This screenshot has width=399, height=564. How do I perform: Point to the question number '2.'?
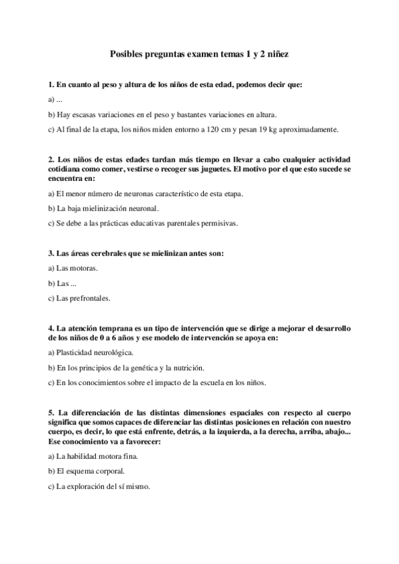[x=52, y=160]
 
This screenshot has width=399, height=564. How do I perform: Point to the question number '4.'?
[x=52, y=328]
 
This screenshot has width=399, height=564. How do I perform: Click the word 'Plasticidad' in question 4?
[x=77, y=352]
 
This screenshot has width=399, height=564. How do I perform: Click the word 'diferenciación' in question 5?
[x=98, y=412]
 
